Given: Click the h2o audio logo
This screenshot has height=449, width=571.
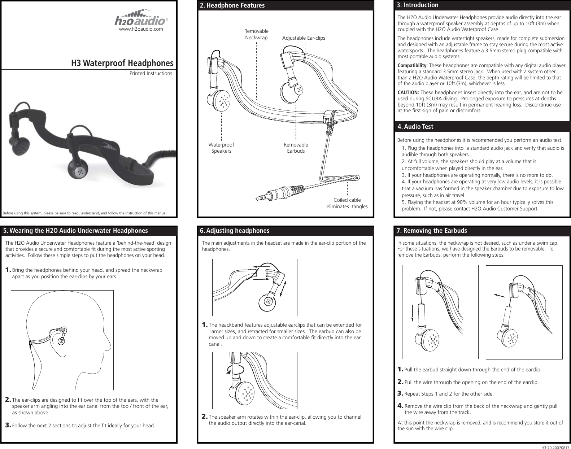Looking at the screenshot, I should tap(141, 18).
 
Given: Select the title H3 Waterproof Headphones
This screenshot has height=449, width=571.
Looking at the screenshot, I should tap(122, 63).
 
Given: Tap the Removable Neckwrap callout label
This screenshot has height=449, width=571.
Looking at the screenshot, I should tap(256, 35).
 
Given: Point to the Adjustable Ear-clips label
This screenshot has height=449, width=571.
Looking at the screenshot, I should tap(303, 38).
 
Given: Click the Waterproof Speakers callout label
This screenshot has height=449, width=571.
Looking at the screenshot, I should tap(221, 148).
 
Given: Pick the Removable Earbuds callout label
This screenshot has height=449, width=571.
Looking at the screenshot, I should tap(296, 148).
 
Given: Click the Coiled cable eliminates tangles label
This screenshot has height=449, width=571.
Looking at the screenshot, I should tap(347, 203).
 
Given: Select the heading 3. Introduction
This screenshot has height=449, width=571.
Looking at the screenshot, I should tap(417, 5).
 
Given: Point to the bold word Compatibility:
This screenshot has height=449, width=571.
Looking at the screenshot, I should tap(412, 65).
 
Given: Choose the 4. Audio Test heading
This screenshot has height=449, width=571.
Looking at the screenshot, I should tap(415, 127).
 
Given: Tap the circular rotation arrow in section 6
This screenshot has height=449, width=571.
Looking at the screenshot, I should tap(235, 370).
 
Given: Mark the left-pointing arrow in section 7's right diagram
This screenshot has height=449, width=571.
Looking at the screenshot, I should tap(500, 296).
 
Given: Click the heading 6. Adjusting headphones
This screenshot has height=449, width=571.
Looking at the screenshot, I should tap(234, 231).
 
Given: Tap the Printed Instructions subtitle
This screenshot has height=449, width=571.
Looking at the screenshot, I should tap(151, 73).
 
